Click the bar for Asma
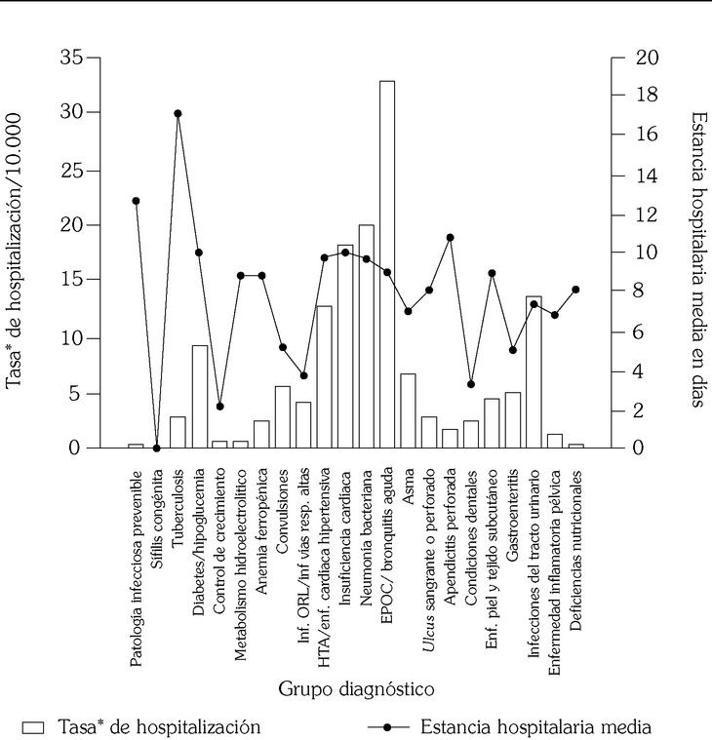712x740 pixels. pyautogui.click(x=408, y=410)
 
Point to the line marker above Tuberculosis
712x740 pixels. pyautogui.click(x=178, y=113)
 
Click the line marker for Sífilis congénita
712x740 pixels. pyautogui.click(x=157, y=448)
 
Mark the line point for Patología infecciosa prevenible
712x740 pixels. pyautogui.click(x=136, y=201)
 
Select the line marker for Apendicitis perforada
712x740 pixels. pyautogui.click(x=450, y=237)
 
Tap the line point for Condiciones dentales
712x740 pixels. pyautogui.click(x=471, y=384)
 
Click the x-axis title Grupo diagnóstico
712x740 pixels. pyautogui.click(x=356, y=690)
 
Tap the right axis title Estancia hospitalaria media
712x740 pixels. pyautogui.click(x=697, y=258)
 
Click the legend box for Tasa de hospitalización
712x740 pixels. pyautogui.click(x=34, y=727)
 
